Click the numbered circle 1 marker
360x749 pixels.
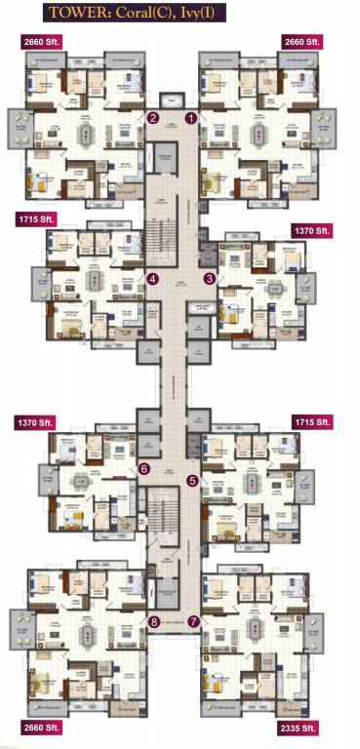[192, 118]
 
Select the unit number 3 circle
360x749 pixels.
[209, 278]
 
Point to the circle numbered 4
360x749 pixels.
[153, 278]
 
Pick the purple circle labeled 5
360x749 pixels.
[192, 480]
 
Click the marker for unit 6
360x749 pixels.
[144, 468]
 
